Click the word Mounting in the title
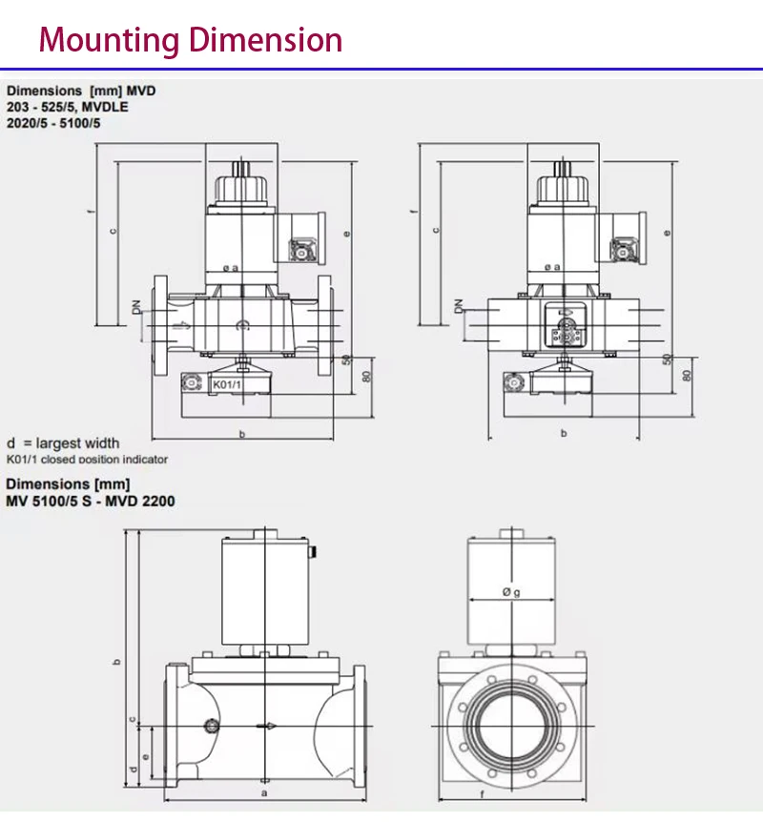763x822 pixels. click(x=109, y=40)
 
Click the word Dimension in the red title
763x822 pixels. click(x=265, y=39)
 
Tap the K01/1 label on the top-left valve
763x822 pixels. click(x=227, y=385)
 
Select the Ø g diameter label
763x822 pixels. click(x=511, y=592)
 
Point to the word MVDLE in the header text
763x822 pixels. click(x=105, y=107)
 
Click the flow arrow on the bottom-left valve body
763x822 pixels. click(x=266, y=726)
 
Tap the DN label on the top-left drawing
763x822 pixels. click(x=136, y=307)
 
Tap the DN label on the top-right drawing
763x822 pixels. click(x=459, y=306)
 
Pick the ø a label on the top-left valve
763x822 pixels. click(x=231, y=268)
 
